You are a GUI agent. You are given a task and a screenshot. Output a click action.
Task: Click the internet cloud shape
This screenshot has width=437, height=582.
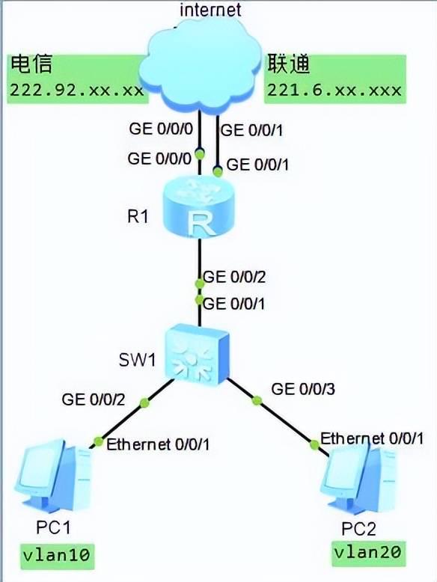(201, 63)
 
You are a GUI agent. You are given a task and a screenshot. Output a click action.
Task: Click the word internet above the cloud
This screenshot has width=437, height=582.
(210, 9)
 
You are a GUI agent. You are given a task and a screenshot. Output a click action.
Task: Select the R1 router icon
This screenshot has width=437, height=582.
(199, 209)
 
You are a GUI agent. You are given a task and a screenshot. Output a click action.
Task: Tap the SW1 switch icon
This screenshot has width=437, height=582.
(197, 354)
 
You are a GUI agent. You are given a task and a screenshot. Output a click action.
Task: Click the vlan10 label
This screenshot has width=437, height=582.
(56, 555)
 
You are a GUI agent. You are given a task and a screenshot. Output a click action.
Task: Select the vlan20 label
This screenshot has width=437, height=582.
(367, 552)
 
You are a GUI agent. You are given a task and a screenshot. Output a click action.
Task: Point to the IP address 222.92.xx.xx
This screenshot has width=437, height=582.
(76, 90)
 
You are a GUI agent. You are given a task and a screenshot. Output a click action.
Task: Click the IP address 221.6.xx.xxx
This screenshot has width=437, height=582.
(334, 90)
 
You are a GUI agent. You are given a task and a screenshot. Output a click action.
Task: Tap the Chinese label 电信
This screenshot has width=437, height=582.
(31, 64)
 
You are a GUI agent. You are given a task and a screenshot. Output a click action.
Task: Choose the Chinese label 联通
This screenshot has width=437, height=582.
(289, 64)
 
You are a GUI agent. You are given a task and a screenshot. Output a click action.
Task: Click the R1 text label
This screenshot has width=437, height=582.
(138, 216)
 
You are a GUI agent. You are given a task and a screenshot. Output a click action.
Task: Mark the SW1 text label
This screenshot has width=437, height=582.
(137, 360)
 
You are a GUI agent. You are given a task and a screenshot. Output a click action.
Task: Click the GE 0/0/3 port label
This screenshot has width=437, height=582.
(303, 388)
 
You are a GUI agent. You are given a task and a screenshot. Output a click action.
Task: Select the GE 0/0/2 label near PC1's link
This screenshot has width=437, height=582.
(94, 399)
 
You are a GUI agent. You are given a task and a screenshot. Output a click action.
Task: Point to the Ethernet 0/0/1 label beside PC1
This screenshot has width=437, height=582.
(158, 444)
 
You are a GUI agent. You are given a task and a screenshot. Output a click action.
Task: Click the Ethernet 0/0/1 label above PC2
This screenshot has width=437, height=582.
(372, 438)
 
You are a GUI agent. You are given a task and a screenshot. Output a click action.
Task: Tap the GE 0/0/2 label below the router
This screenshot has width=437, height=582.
(234, 277)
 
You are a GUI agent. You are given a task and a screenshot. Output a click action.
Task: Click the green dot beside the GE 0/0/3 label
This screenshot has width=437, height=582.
(257, 400)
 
